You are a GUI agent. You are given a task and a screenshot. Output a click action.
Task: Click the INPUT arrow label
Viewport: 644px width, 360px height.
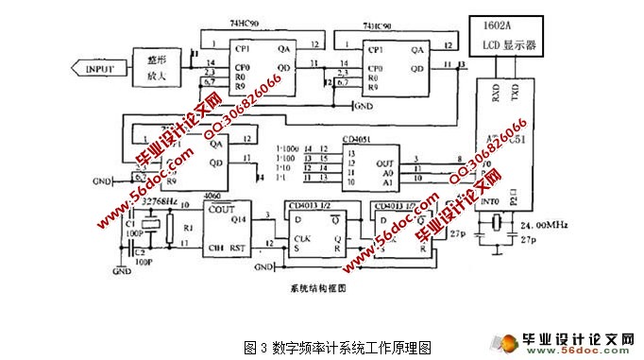coord(99,68)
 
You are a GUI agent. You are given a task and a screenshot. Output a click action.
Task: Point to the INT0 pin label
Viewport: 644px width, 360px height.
coord(490,201)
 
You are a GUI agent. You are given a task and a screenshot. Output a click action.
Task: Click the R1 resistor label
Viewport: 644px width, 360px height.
coord(187,228)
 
